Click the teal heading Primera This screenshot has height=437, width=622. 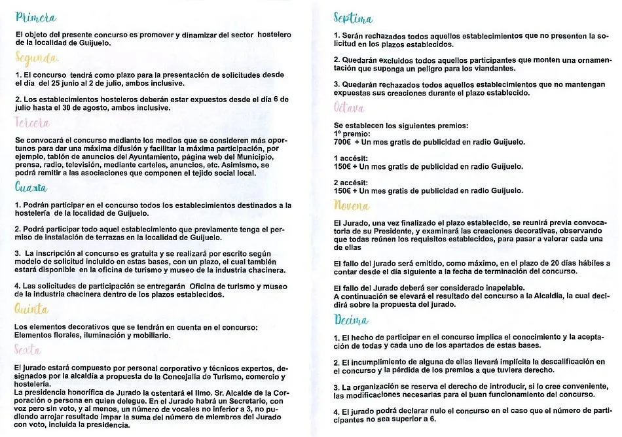pyautogui.click(x=35, y=18)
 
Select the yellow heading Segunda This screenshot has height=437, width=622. pyautogui.click(x=36, y=61)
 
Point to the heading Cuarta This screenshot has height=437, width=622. pyautogui.click(x=31, y=187)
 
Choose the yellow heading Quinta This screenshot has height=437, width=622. pyautogui.click(x=31, y=308)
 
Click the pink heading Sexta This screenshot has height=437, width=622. pyautogui.click(x=27, y=350)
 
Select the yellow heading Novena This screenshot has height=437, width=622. pyautogui.click(x=352, y=206)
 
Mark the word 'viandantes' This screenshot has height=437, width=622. pyautogui.click(x=475, y=68)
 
